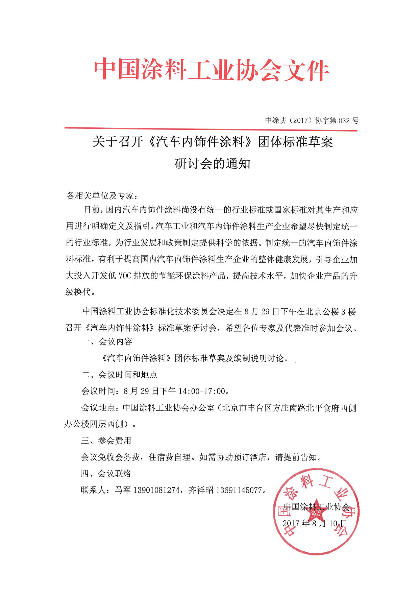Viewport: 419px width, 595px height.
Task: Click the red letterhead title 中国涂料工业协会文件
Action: click(211, 70)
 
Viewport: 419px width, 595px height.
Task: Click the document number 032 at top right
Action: click(345, 120)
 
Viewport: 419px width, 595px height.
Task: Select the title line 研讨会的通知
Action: click(213, 164)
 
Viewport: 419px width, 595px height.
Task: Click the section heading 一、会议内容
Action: click(107, 341)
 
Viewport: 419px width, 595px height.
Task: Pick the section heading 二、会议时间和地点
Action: click(119, 375)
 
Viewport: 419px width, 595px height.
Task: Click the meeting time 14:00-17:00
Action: click(202, 391)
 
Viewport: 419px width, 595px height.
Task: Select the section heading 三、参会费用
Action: click(106, 441)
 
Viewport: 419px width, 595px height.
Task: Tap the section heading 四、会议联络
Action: click(106, 474)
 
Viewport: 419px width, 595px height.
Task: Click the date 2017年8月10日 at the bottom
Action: click(315, 523)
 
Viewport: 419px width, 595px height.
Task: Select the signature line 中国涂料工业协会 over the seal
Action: click(317, 507)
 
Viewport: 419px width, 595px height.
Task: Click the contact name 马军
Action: click(123, 490)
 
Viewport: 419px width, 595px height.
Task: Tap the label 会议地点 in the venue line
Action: click(98, 408)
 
